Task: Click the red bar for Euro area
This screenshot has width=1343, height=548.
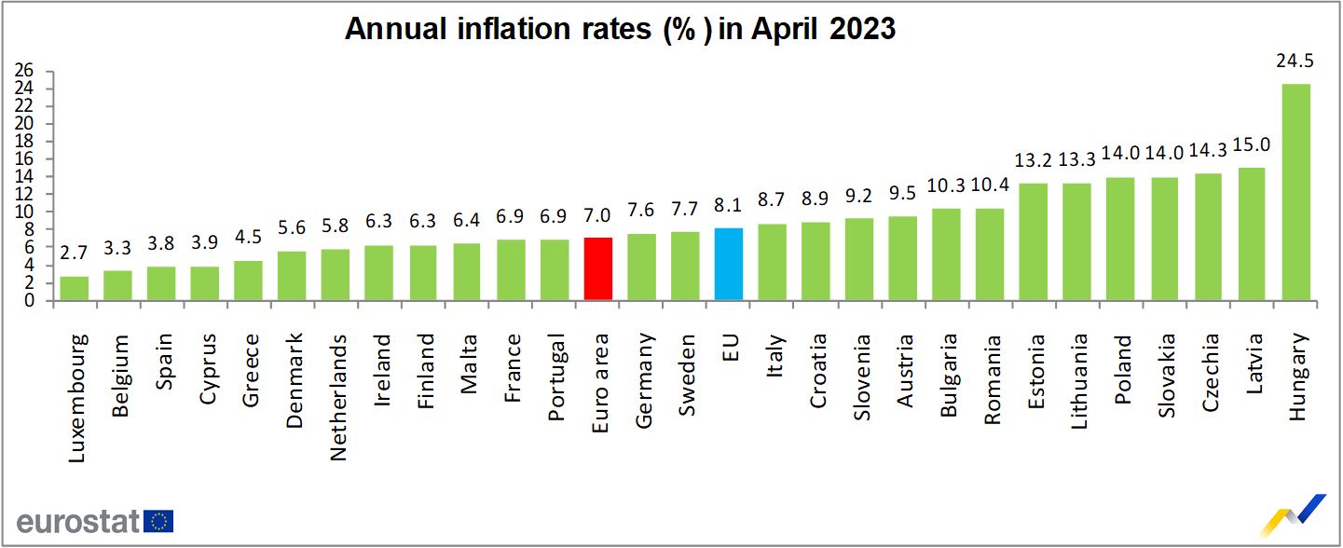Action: [597, 269]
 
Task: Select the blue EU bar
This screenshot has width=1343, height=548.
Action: [729, 265]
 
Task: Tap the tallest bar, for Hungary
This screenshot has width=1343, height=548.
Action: [1296, 192]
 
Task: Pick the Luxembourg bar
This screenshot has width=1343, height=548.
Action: [75, 289]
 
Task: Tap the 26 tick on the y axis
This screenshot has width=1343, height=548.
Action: [25, 71]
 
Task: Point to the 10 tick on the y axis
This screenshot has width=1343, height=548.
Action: [25, 212]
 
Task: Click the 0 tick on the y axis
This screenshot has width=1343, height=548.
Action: [30, 301]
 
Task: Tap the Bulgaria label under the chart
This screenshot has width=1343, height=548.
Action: [948, 380]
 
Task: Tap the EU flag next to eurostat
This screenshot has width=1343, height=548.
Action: [158, 521]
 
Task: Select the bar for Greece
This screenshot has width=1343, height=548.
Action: [248, 281]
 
